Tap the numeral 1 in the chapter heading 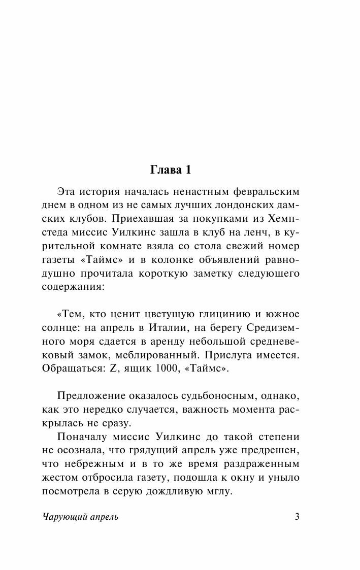[x=187, y=171]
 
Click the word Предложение [x=92, y=395]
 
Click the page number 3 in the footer [x=298, y=517]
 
